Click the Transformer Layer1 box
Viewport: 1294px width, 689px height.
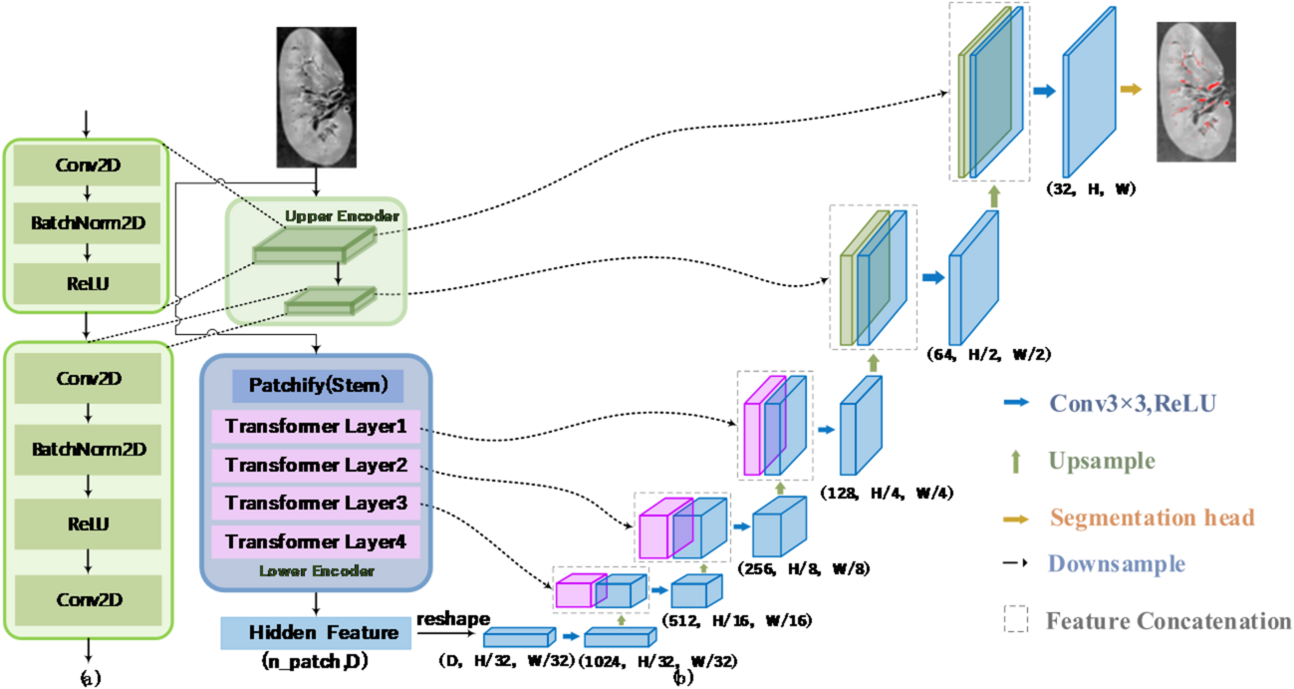pyautogui.click(x=316, y=427)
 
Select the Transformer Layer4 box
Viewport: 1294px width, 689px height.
pyautogui.click(x=316, y=542)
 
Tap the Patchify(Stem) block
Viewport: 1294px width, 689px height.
pyautogui.click(x=317, y=385)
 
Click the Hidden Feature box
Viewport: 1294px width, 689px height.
pyautogui.click(x=316, y=632)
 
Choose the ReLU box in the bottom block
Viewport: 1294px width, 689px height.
pyautogui.click(x=89, y=523)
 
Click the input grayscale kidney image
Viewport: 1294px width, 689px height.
pyautogui.click(x=317, y=97)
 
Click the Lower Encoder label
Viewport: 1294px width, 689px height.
pyautogui.click(x=316, y=571)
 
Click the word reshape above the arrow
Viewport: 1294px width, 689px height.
pyautogui.click(x=446, y=620)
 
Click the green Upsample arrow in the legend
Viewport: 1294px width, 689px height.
pyautogui.click(x=1016, y=462)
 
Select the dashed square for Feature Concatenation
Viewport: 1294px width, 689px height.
pyautogui.click(x=1016, y=620)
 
